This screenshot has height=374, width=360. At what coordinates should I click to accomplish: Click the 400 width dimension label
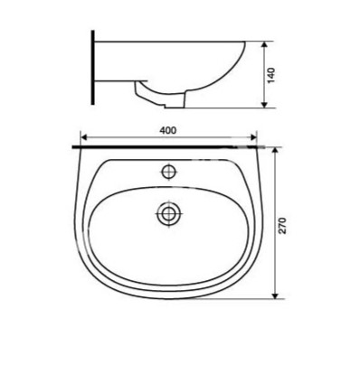(x=168, y=130)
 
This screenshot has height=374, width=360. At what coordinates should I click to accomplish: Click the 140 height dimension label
(x=271, y=76)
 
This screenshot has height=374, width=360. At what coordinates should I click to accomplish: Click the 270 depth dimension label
(x=282, y=225)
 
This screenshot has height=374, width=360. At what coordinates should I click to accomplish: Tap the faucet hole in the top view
(x=169, y=173)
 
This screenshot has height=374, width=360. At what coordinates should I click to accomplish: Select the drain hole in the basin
(x=168, y=214)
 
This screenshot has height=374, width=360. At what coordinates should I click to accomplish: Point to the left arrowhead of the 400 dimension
(x=84, y=137)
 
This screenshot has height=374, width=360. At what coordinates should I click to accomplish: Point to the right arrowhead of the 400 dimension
(x=253, y=137)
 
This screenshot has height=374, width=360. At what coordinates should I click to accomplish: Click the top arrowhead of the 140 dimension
(x=264, y=44)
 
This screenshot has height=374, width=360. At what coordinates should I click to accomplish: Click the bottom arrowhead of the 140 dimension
(x=264, y=104)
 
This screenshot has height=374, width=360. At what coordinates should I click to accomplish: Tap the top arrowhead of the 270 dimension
(x=275, y=151)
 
